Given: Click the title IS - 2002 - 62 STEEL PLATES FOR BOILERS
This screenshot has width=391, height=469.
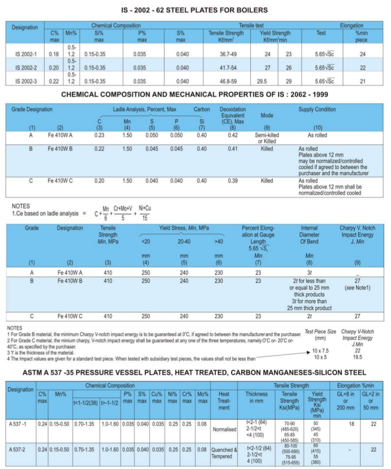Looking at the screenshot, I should coord(195,10).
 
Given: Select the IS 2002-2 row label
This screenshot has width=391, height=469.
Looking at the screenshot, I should coord(25,67).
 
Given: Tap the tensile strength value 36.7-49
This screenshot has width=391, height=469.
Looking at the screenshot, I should coord(226,53).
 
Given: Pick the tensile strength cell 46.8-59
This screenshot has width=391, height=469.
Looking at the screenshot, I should coord(226,81).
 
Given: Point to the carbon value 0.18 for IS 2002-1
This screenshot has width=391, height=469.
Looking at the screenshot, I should coord(54,53).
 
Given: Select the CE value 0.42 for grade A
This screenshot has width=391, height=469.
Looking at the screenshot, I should coord(233,135).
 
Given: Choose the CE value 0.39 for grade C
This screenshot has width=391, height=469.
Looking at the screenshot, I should coord(233,181).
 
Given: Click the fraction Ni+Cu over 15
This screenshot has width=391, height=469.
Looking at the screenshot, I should coord(145,212).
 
